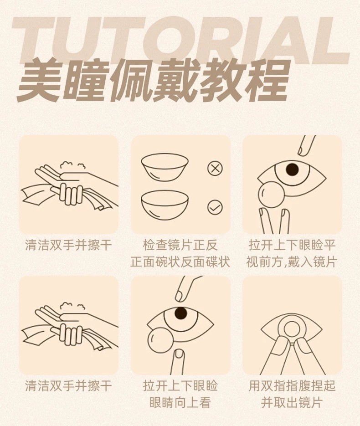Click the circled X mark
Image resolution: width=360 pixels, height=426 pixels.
(x=215, y=169)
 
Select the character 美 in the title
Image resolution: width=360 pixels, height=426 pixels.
(x=41, y=81)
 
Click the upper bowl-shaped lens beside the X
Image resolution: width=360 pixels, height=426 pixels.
(x=165, y=168)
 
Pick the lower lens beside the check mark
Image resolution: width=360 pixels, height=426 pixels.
(x=165, y=205)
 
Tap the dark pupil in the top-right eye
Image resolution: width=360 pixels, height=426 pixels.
(x=293, y=169)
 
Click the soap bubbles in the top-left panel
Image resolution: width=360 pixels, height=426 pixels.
(x=72, y=166)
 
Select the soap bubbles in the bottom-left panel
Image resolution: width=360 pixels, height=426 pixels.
(x=72, y=307)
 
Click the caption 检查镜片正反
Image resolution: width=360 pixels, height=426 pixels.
(x=180, y=245)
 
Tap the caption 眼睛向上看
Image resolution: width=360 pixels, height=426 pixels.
(x=180, y=403)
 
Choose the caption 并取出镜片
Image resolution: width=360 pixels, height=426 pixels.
(x=292, y=403)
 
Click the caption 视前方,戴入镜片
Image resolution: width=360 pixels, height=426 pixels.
(x=292, y=262)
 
